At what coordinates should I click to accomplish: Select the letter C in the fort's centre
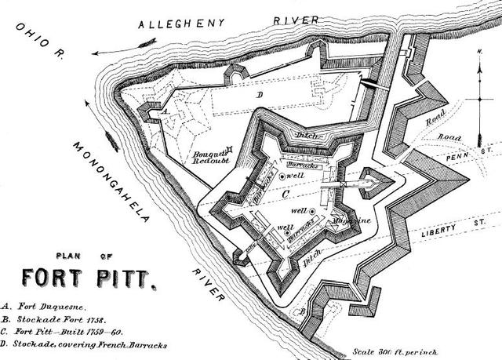coord(286,191)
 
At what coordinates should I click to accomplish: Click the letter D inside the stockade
coord(259,93)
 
